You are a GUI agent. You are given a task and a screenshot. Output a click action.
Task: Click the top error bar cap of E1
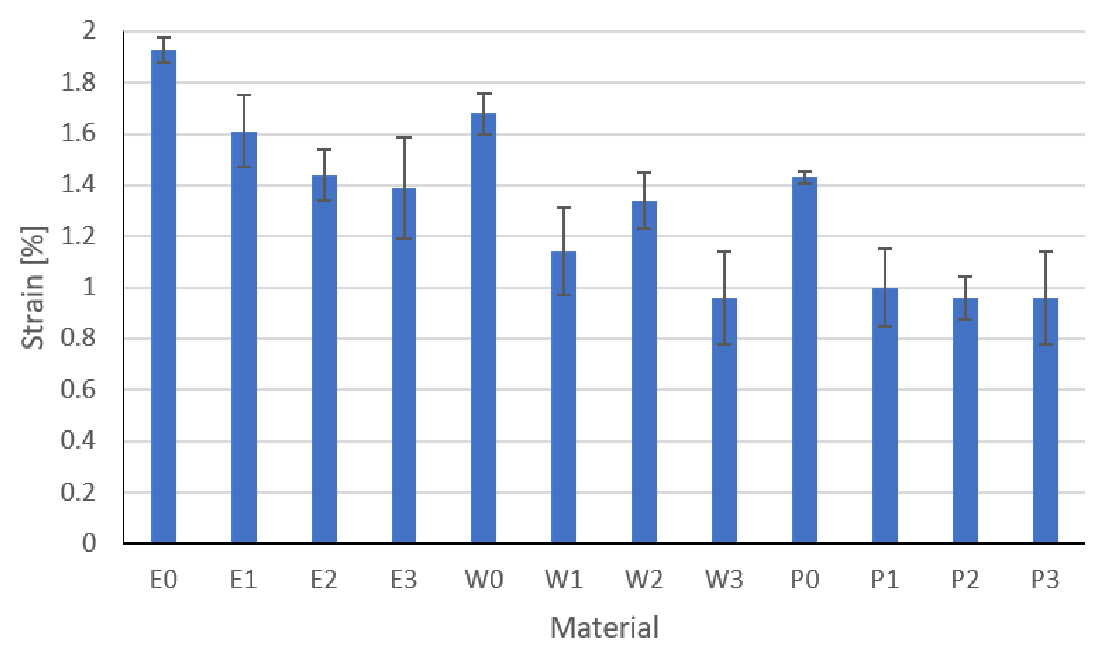pyautogui.click(x=244, y=95)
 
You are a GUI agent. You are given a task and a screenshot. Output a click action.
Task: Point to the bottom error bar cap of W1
pyautogui.click(x=564, y=295)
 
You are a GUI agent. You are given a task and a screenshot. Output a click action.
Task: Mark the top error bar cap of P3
pyautogui.click(x=1045, y=252)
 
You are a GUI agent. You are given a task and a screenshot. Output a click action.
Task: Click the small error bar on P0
pyautogui.click(x=805, y=177)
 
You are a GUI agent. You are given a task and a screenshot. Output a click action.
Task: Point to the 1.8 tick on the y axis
pyautogui.click(x=78, y=83)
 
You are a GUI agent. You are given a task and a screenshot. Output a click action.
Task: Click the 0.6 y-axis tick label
pyautogui.click(x=78, y=390)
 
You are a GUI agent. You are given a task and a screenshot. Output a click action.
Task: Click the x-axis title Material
pyautogui.click(x=605, y=627)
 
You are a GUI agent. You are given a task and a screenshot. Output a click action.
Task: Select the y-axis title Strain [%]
pyautogui.click(x=33, y=288)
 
